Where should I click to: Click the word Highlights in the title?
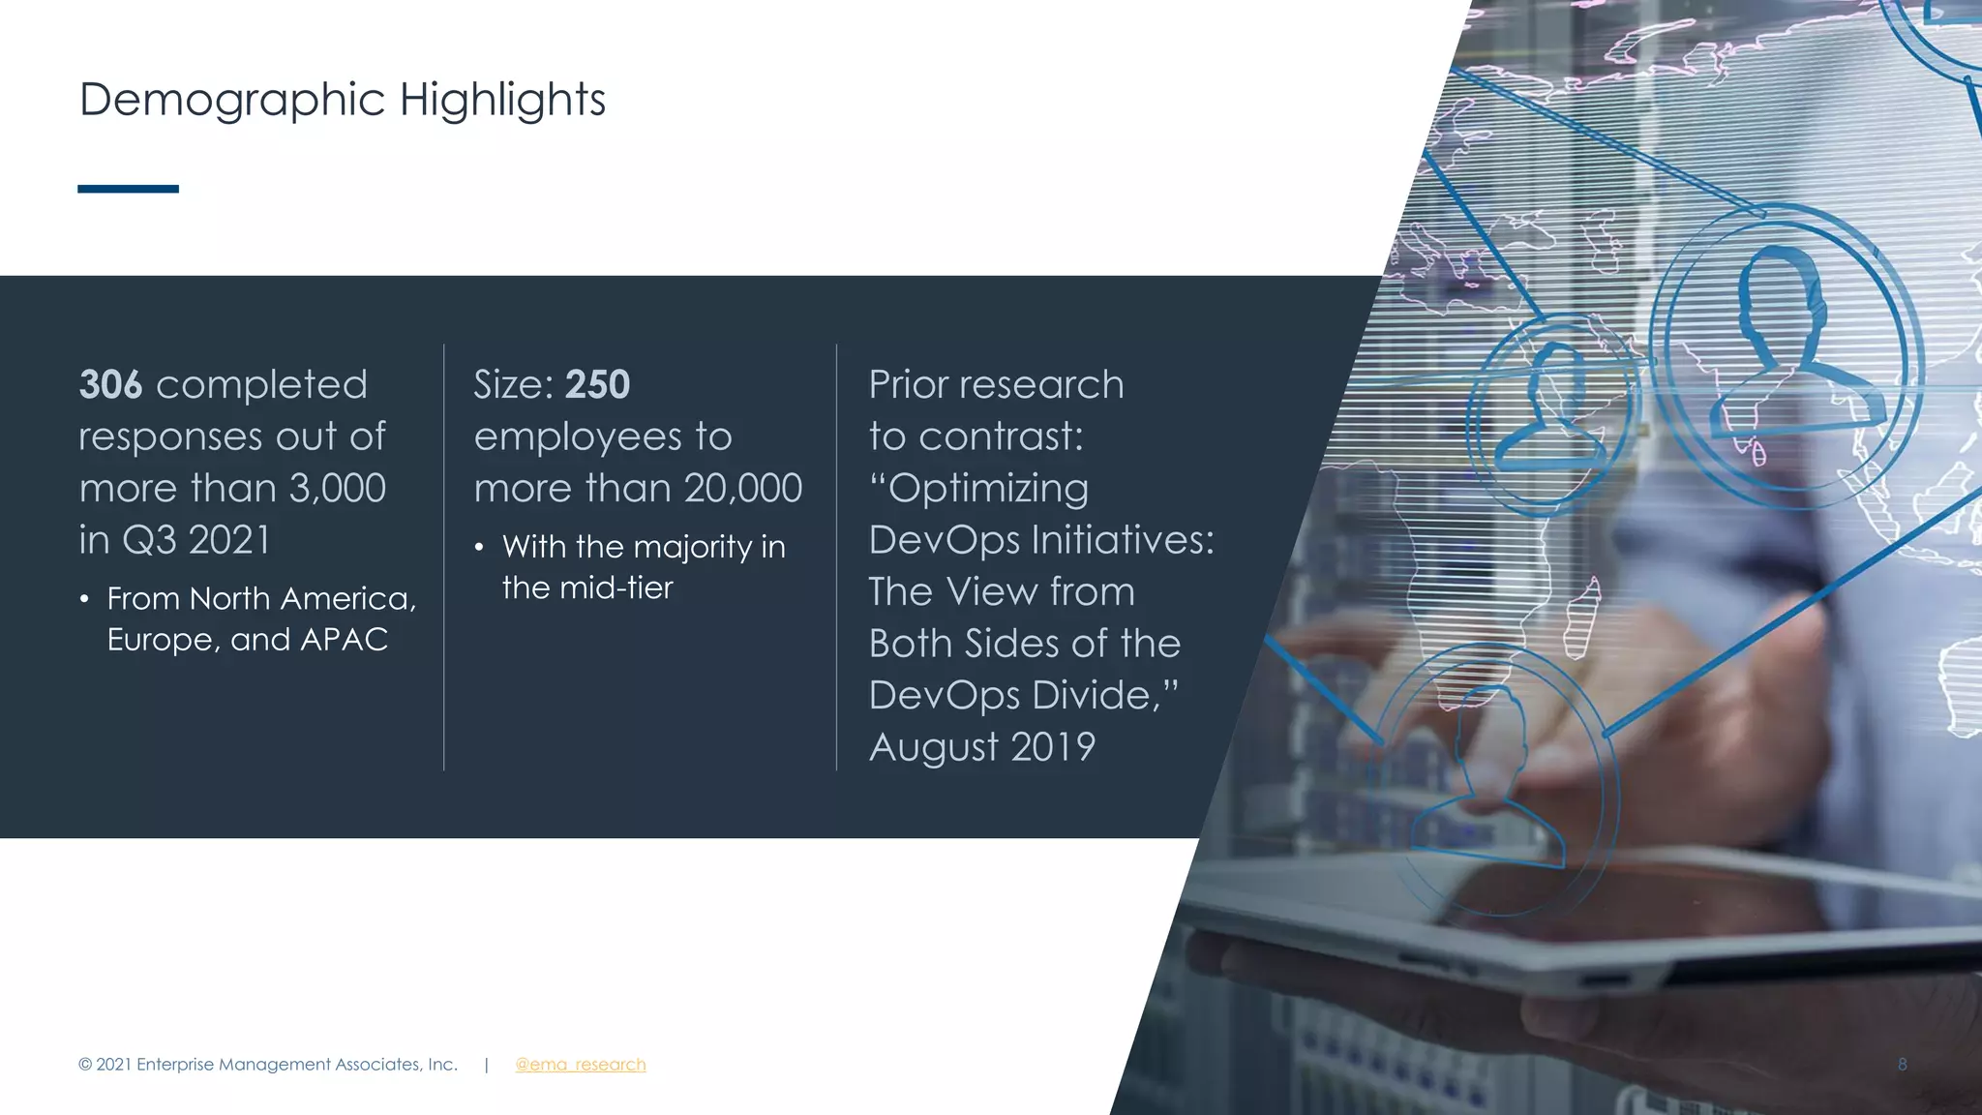point(502,101)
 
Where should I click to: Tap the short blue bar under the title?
point(128,189)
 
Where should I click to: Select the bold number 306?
point(110,385)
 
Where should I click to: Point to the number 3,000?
point(337,489)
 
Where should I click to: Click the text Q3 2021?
point(195,540)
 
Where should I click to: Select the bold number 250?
point(597,385)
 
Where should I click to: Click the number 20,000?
point(742,489)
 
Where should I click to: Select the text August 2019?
point(981,747)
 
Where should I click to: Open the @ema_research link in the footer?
point(580,1065)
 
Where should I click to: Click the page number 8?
point(1902,1065)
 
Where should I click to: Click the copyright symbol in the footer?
point(85,1065)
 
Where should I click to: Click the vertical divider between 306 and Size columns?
point(444,557)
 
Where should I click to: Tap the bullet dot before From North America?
point(85,600)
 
